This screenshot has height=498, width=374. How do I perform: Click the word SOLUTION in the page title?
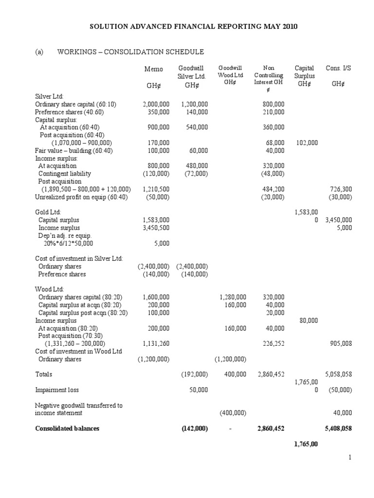(107, 26)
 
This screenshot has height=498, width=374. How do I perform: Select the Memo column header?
(154, 69)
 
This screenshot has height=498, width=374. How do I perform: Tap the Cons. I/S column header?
(338, 68)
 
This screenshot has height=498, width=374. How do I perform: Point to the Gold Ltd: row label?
(48, 213)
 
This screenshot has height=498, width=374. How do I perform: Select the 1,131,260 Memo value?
(156, 343)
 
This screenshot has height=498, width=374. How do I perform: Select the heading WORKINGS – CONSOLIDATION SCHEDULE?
(131, 52)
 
